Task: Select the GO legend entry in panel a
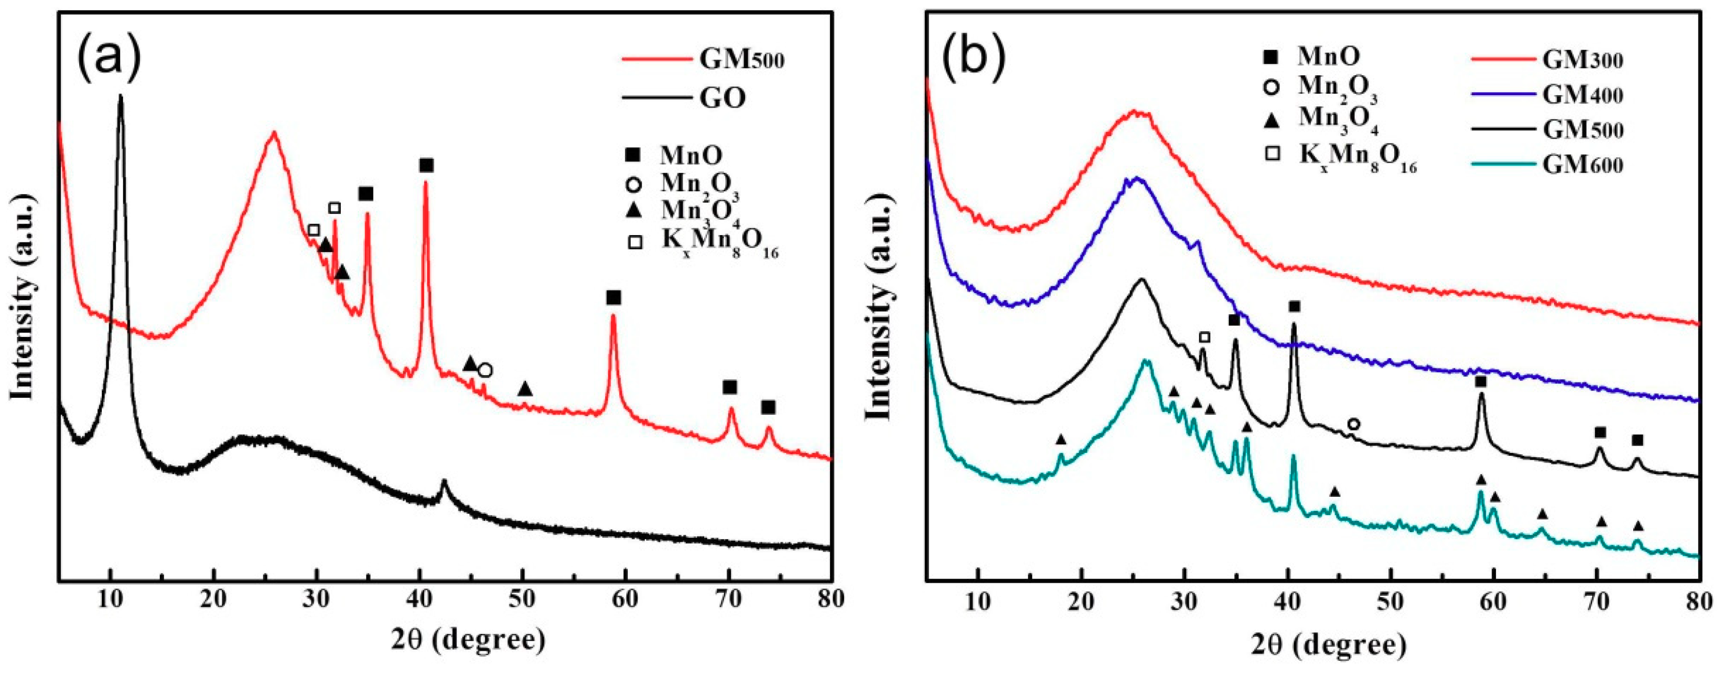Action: click(x=723, y=99)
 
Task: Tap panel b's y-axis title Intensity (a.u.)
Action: click(x=881, y=307)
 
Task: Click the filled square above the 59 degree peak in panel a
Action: click(x=613, y=297)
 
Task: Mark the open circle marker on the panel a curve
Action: click(x=485, y=370)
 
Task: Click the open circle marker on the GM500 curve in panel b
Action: click(x=1353, y=424)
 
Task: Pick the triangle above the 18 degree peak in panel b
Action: click(x=1061, y=439)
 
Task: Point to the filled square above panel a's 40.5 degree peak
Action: click(x=427, y=165)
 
